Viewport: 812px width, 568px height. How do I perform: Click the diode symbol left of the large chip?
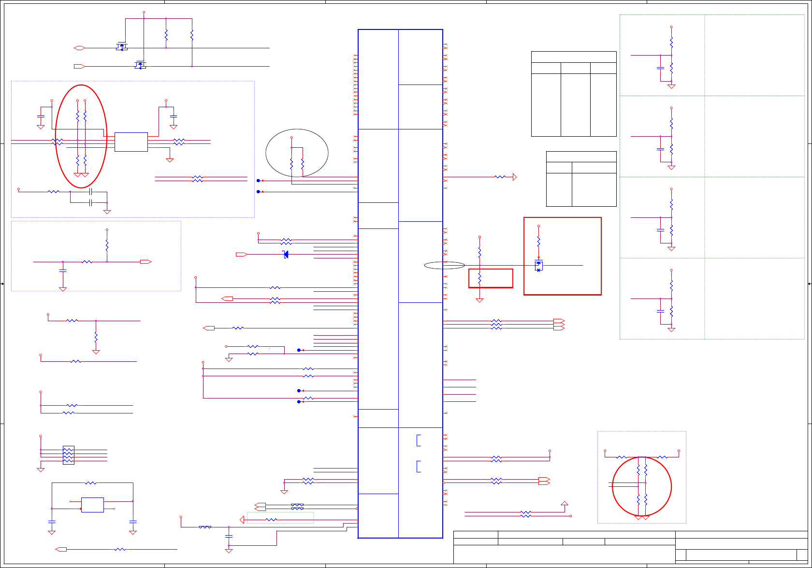286,255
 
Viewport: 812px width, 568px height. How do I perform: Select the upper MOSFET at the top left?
121,47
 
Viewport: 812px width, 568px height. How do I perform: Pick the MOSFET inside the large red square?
539,265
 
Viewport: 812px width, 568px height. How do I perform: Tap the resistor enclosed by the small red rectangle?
479,279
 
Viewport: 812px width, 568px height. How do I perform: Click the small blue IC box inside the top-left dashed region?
131,142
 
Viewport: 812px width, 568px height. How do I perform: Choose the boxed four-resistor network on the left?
68,455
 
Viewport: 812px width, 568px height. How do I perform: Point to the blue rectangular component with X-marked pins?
92,505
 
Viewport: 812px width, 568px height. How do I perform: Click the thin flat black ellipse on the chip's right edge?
444,265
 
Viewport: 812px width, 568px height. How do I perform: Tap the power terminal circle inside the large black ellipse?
291,138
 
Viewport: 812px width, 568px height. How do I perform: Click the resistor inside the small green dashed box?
271,520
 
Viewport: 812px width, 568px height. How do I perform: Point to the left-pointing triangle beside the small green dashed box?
242,520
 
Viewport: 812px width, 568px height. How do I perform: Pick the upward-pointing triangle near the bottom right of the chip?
564,503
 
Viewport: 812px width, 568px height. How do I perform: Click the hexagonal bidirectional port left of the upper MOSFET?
79,48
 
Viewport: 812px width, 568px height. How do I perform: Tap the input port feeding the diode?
242,255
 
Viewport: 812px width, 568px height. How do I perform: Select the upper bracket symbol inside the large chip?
418,440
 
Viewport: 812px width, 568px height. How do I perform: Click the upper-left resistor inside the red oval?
77,116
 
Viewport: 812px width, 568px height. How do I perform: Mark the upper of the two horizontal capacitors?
90,192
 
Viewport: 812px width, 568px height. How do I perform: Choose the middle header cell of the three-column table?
575,68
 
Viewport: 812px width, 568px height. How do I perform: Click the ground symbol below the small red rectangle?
479,300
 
